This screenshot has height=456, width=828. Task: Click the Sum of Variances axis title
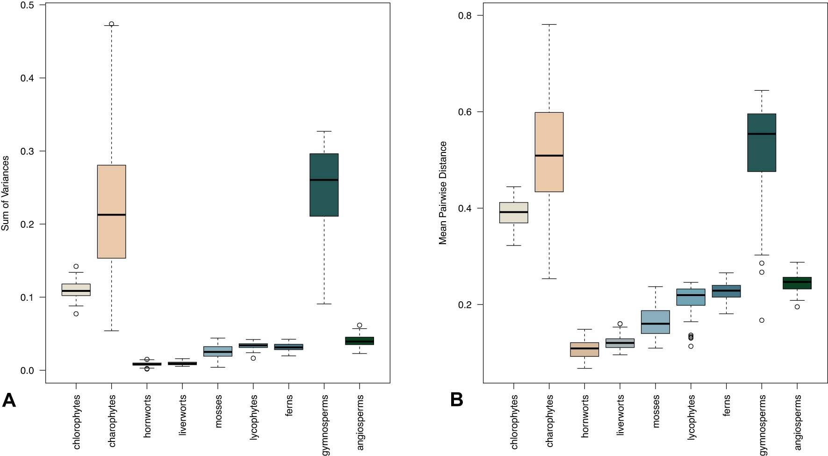pyautogui.click(x=6, y=193)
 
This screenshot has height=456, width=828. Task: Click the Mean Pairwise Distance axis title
pyautogui.click(x=443, y=193)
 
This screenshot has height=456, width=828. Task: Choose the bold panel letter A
pyautogui.click(x=9, y=401)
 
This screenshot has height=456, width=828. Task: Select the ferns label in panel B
pyautogui.click(x=726, y=405)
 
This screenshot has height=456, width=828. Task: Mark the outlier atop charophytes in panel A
pyautogui.click(x=111, y=24)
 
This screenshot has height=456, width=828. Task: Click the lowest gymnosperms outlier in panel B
pyautogui.click(x=762, y=320)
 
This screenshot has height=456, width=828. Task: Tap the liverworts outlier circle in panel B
pyautogui.click(x=620, y=324)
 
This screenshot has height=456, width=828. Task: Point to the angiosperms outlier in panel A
pyautogui.click(x=360, y=325)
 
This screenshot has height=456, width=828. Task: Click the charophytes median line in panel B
pyautogui.click(x=549, y=156)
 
